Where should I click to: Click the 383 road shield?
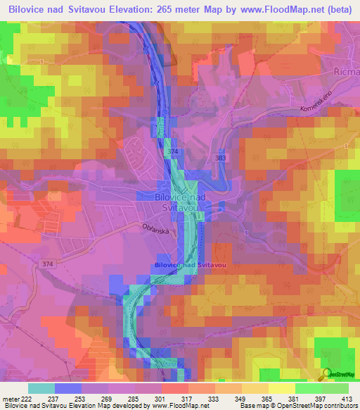click(x=221, y=161)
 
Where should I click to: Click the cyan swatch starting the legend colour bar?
click(x=41, y=388)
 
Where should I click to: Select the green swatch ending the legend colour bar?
click(x=335, y=388)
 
